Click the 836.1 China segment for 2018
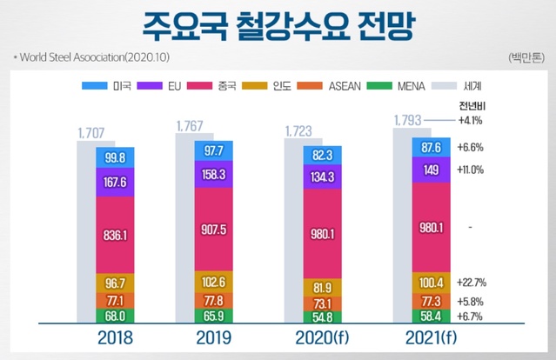114,235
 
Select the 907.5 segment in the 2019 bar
213,231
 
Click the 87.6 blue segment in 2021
432,148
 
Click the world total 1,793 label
409,121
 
